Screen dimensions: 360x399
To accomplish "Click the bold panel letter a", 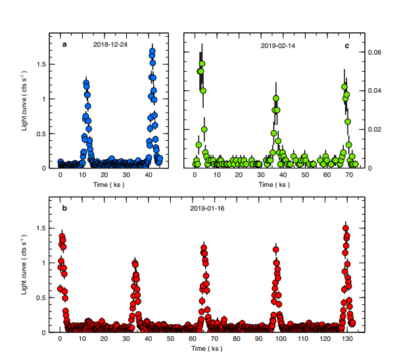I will (64, 44).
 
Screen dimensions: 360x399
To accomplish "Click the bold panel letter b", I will (64, 209).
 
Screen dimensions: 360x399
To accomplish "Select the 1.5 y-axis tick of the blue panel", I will (45, 64).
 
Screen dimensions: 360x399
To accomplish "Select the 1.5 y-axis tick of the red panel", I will (45, 228).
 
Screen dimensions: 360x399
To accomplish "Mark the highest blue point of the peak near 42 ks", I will (152, 51).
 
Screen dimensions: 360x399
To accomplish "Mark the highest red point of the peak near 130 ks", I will (346, 228).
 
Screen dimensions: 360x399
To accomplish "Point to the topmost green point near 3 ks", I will (202, 64).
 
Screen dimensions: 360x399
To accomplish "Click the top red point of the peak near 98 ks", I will (275, 249).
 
